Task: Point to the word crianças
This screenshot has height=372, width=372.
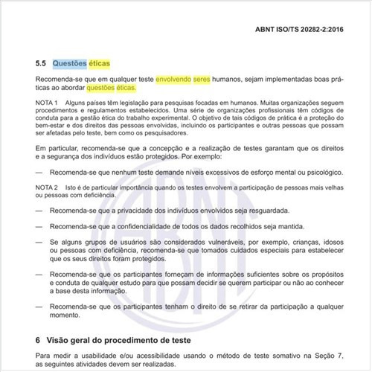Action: (x=292, y=243)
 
